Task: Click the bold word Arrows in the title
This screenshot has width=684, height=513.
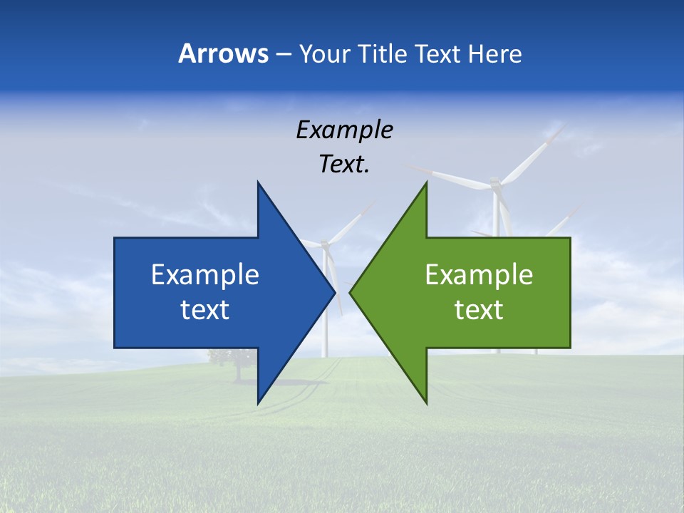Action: click(x=223, y=53)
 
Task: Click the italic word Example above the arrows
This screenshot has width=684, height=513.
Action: click(x=344, y=130)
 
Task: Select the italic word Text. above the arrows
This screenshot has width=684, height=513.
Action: click(x=344, y=164)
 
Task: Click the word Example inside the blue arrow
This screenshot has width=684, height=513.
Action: click(x=205, y=274)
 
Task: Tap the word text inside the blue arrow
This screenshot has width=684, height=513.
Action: click(x=205, y=310)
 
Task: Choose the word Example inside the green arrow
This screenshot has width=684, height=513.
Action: click(x=479, y=274)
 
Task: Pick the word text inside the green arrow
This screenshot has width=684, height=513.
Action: click(x=479, y=310)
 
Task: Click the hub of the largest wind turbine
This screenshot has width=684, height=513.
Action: click(x=495, y=187)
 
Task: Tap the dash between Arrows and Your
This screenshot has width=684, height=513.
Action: click(x=283, y=54)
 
